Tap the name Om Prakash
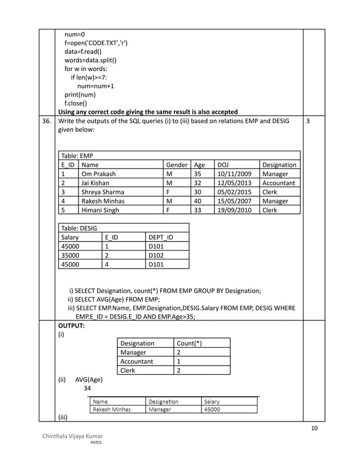(99, 174)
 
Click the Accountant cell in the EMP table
(279, 183)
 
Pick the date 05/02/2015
(235, 192)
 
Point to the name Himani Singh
(100, 210)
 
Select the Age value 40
(197, 201)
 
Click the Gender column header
(177, 165)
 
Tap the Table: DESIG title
(79, 228)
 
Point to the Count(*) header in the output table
(190, 344)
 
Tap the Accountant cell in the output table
(137, 362)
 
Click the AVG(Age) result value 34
(87, 388)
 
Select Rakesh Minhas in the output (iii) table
(113, 410)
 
